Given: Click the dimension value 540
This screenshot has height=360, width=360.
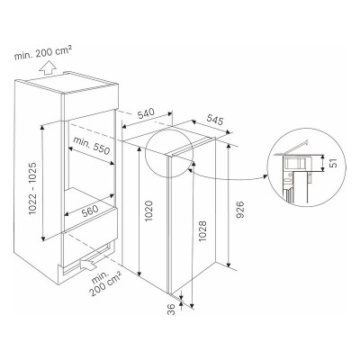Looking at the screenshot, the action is [x=146, y=113].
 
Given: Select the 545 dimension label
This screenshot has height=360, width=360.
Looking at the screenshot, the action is [x=215, y=120].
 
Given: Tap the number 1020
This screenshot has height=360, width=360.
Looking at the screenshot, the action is [x=149, y=211].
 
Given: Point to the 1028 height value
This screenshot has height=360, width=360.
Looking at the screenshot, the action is [x=202, y=231].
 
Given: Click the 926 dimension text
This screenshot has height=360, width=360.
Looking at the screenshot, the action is [x=241, y=210].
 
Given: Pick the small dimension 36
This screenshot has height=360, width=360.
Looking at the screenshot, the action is [x=170, y=309].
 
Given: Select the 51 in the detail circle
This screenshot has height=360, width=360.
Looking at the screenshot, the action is [x=333, y=163].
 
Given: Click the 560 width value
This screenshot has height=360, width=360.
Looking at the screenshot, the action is [x=90, y=211].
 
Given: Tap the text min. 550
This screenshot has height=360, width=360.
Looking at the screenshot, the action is [x=92, y=145].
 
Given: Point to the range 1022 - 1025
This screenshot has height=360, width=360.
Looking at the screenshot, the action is [x=32, y=188].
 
